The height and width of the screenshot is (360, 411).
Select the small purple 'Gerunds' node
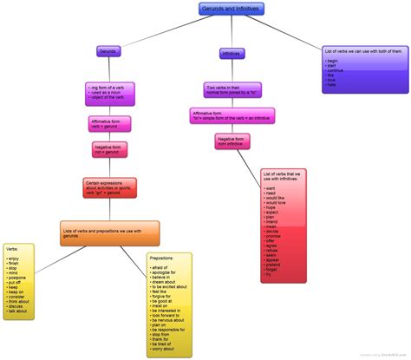click(108, 52)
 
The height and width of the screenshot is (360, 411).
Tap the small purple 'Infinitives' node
click(231, 53)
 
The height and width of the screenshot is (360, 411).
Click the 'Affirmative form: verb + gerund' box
click(109, 124)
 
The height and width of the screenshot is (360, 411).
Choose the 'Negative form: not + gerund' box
click(109, 149)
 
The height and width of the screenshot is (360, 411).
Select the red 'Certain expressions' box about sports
click(109, 187)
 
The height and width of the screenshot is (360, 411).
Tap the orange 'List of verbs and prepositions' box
click(110, 232)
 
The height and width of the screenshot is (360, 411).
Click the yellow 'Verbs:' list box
click(19, 282)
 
